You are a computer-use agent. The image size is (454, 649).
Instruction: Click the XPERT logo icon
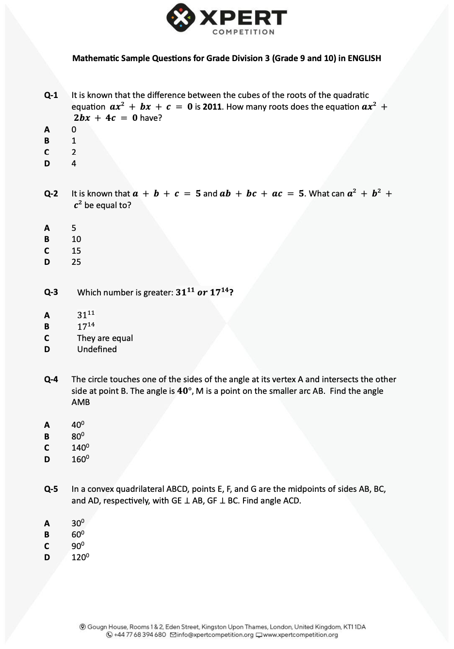[180, 18]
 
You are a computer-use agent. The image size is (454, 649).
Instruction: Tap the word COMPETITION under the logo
[243, 32]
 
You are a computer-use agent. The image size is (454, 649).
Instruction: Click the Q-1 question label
[51, 95]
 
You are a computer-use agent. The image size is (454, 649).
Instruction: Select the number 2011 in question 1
[212, 107]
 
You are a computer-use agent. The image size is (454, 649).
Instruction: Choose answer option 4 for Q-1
[74, 163]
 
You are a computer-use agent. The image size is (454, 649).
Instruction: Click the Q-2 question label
[51, 194]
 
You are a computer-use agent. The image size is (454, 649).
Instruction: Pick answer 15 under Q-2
[76, 251]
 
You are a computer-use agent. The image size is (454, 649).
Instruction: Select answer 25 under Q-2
[76, 262]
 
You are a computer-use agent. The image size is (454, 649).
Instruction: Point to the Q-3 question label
[51, 292]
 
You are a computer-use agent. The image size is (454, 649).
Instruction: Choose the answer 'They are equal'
[105, 338]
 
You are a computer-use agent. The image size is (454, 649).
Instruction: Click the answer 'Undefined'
[97, 349]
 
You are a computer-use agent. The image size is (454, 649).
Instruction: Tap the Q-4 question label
[51, 379]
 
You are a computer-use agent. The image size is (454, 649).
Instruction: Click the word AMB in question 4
[81, 402]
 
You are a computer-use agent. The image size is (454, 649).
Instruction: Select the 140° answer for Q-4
[80, 448]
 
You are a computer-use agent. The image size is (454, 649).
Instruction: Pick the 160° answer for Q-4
[80, 459]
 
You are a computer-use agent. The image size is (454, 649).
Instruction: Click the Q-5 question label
[51, 489]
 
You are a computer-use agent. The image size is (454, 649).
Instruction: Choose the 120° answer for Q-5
[80, 557]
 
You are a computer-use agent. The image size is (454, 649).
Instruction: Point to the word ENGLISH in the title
[364, 58]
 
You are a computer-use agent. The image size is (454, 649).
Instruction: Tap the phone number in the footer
[140, 635]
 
